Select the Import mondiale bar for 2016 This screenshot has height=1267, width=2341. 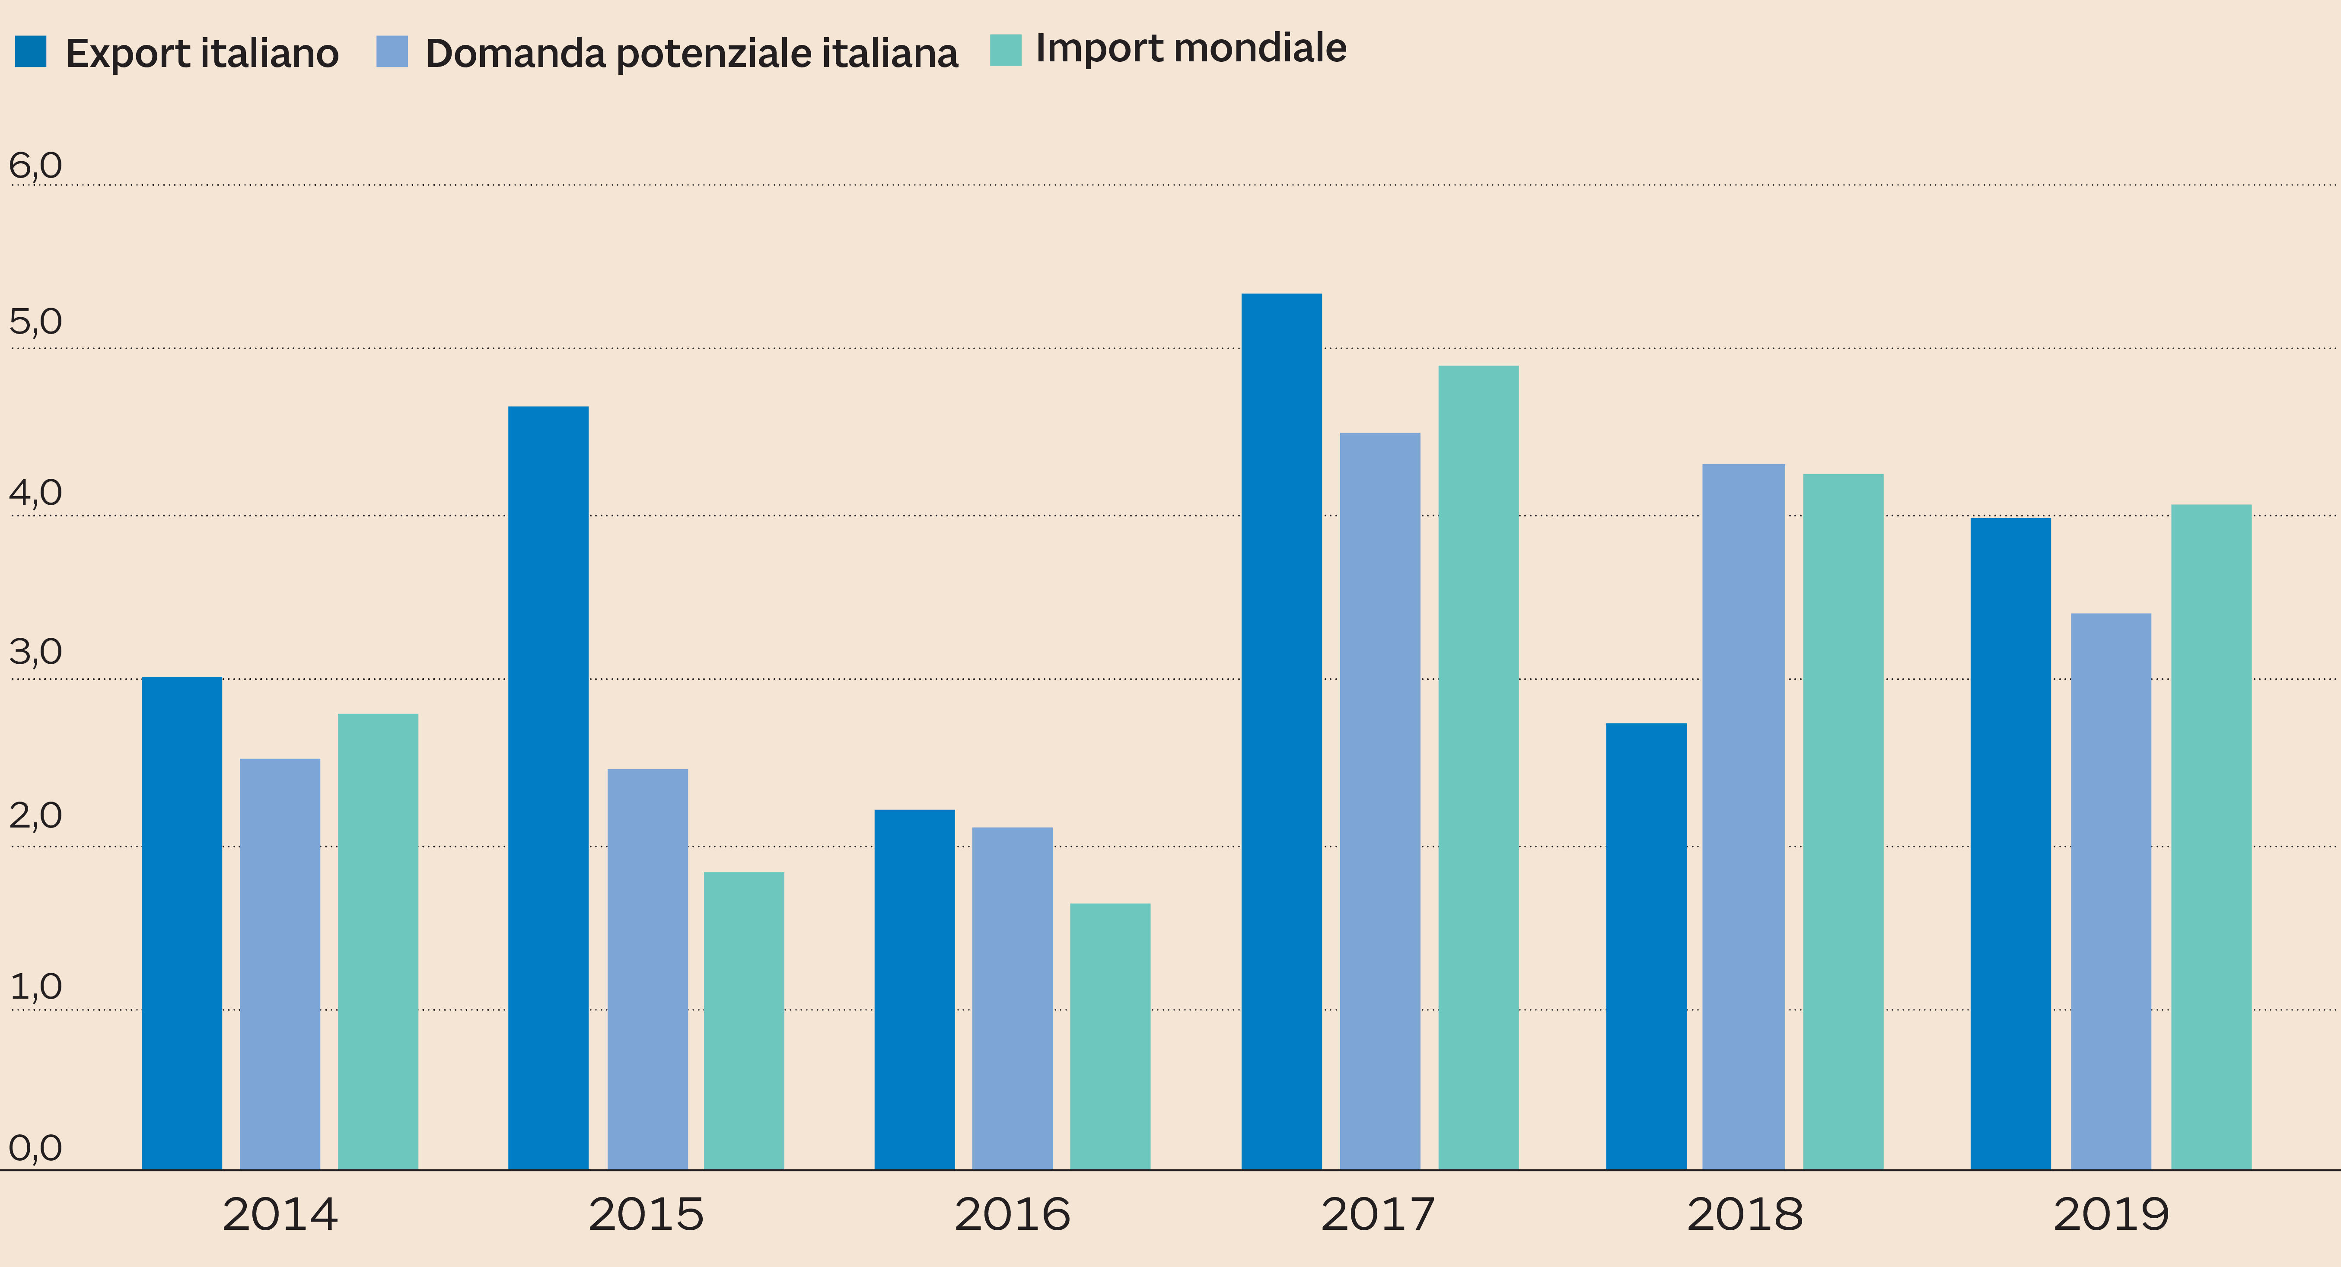click(1110, 1036)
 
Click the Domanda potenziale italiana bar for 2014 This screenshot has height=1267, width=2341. click(280, 963)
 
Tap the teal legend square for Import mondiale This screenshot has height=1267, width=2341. click(1005, 50)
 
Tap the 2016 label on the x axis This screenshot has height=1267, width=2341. click(1013, 1214)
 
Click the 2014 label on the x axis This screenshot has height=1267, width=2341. click(280, 1214)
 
